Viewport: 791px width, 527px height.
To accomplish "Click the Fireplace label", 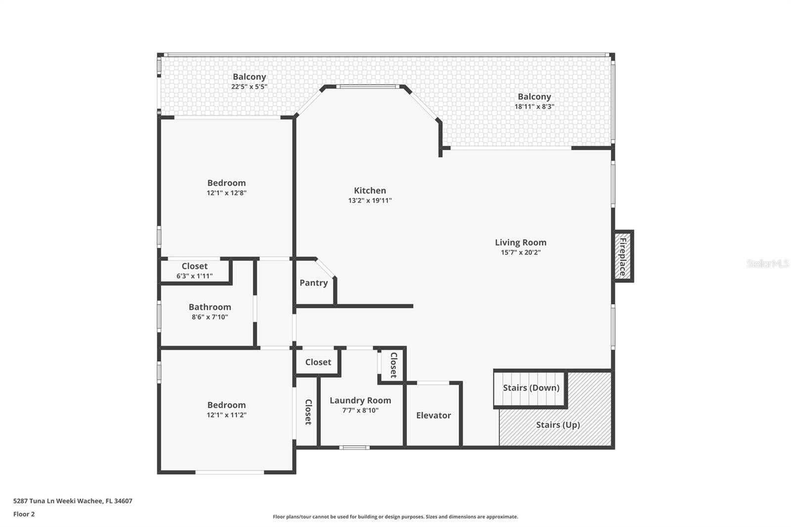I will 623,257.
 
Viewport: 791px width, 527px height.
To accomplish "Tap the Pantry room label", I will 313,283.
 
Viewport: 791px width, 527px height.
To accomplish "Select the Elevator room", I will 433,415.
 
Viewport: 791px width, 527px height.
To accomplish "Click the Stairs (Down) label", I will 531,388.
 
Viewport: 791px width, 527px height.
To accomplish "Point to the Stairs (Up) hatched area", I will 558,425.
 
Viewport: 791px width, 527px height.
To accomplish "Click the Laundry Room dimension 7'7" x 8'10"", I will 360,410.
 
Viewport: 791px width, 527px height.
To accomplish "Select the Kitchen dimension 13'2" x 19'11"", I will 370,201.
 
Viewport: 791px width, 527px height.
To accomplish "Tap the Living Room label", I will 521,242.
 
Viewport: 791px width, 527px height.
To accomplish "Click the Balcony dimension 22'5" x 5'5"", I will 249,87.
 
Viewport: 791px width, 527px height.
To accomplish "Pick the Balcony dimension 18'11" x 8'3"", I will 534,106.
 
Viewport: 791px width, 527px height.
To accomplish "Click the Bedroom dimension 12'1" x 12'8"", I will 226,193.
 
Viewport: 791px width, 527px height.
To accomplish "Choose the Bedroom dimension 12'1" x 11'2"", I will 226,415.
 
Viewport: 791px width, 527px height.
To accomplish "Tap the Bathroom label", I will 210,307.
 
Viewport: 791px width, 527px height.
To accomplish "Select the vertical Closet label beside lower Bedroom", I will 308,412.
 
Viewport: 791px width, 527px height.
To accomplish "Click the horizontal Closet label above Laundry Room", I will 318,362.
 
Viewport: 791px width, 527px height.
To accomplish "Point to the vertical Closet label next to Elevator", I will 394,365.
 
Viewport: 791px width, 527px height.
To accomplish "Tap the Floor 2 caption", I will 24,514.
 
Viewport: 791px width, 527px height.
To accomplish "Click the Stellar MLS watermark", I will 767,263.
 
